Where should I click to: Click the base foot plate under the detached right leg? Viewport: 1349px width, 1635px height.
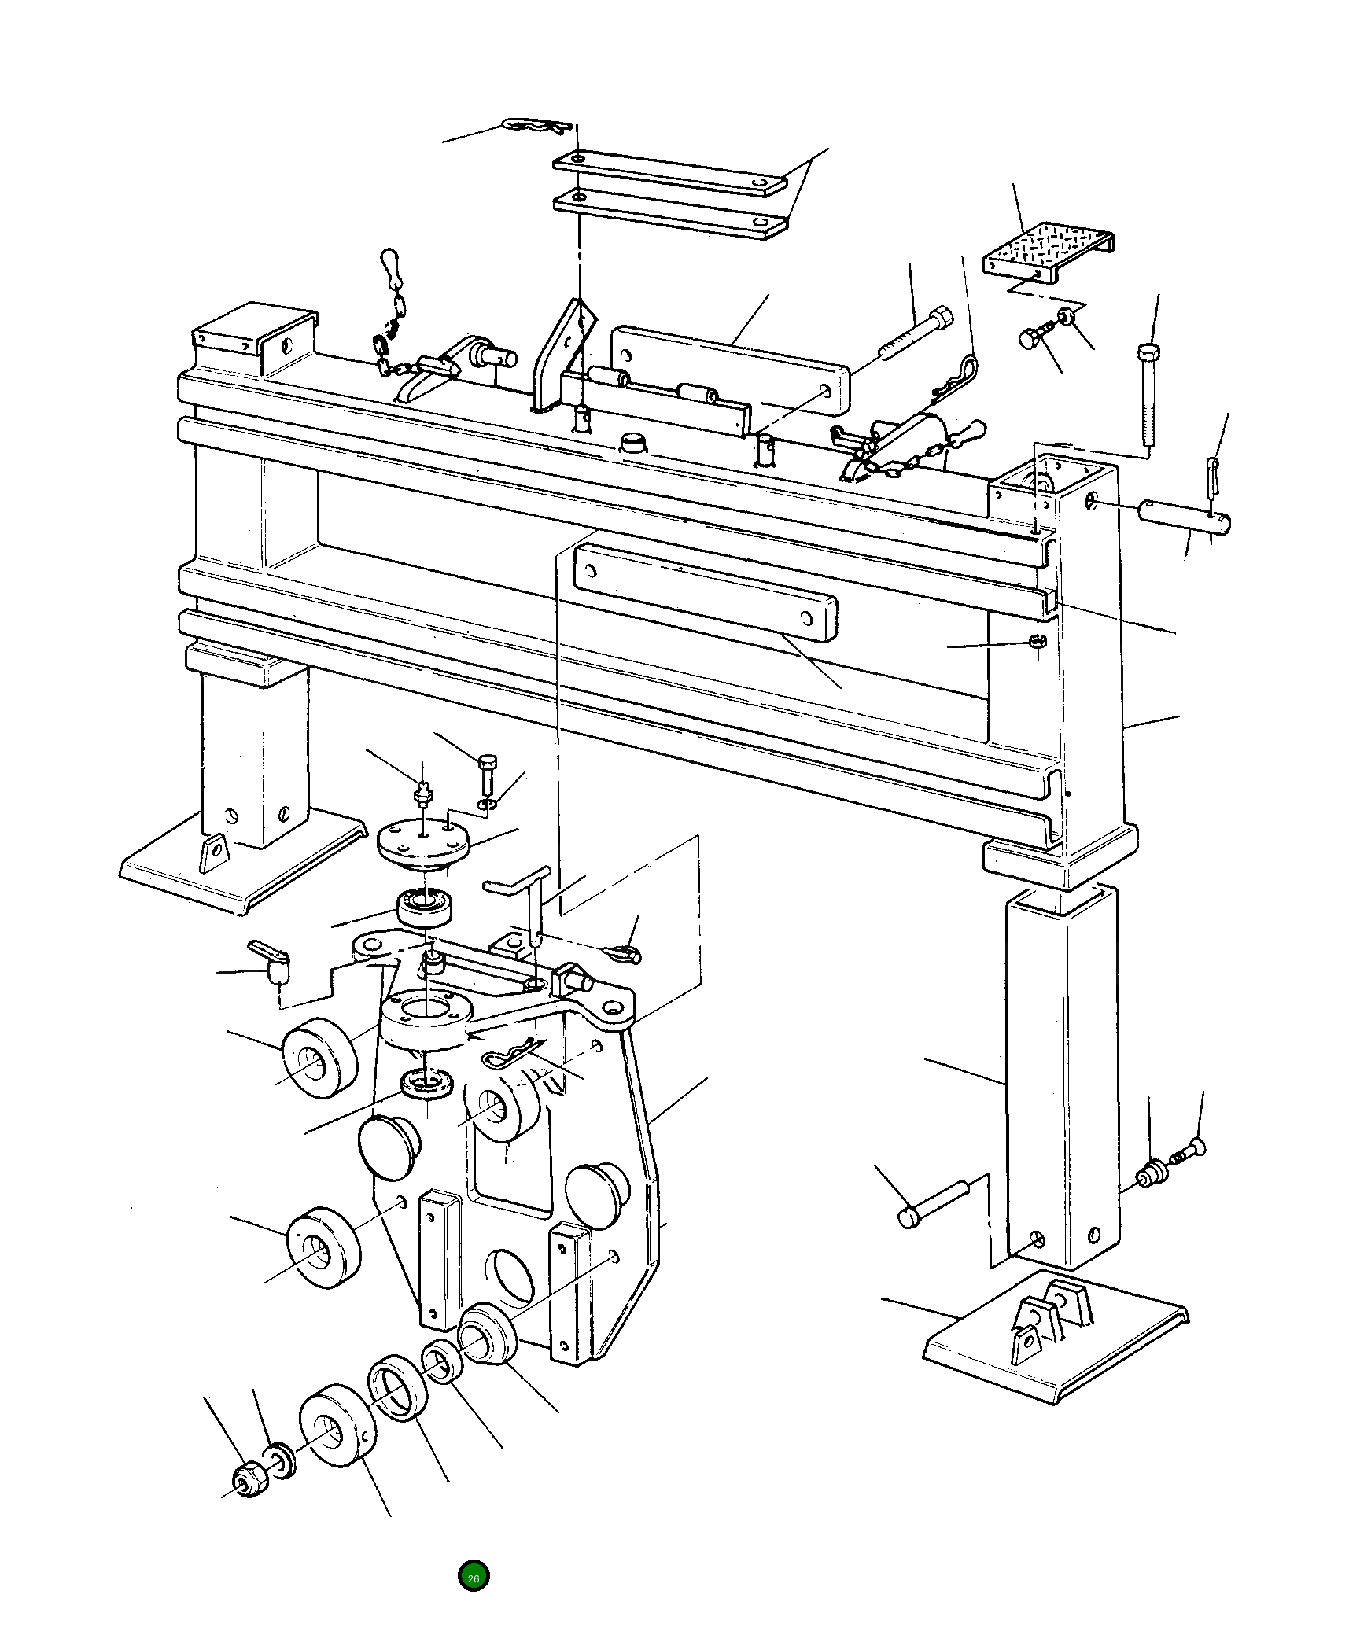(x=1054, y=1353)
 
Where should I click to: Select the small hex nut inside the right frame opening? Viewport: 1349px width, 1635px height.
(x=1037, y=642)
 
